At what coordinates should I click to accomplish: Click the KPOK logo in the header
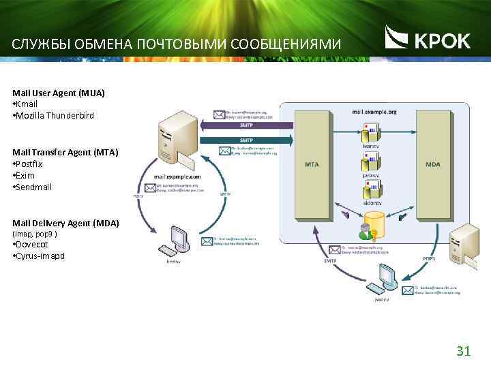(428, 39)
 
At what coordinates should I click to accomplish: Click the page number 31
(464, 351)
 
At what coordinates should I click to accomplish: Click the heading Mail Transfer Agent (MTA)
(65, 153)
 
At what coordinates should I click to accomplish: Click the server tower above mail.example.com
(175, 140)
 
